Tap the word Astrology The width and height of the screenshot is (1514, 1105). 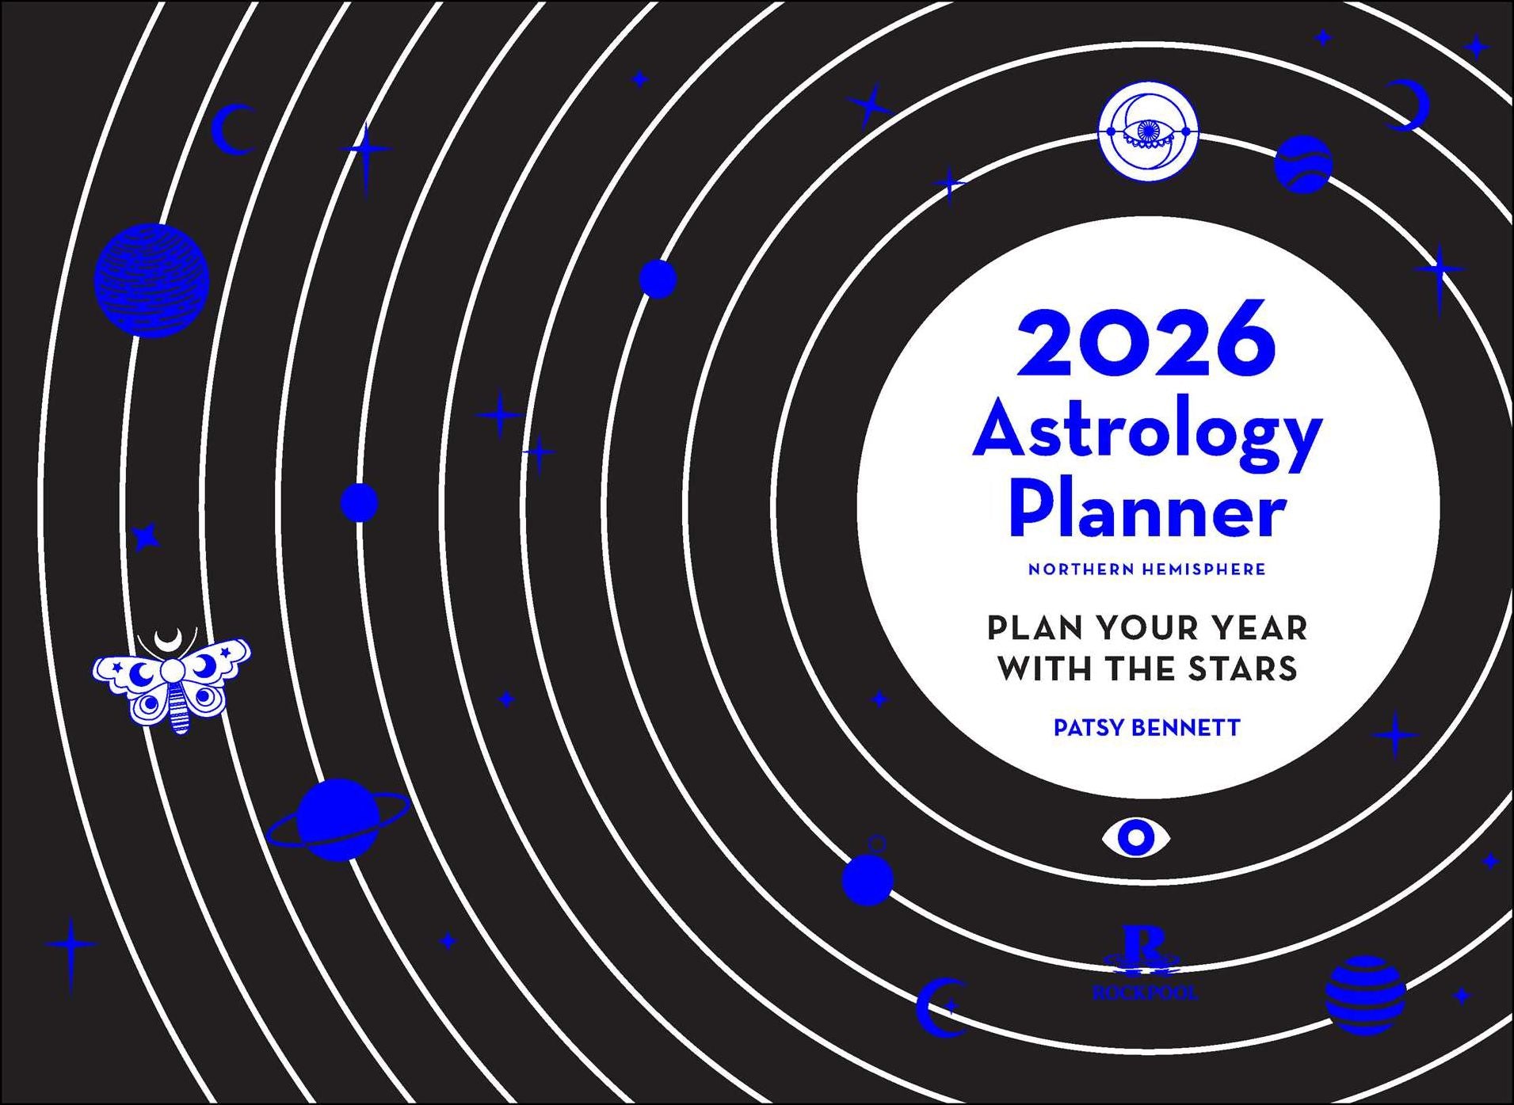tap(1146, 434)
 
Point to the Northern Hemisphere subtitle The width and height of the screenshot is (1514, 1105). tap(1146, 570)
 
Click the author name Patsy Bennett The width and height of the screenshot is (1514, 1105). tap(1146, 728)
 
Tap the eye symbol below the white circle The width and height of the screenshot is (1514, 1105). tap(1136, 837)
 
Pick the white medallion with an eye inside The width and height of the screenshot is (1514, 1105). tap(1148, 131)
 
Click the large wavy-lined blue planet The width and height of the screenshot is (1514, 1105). tap(151, 280)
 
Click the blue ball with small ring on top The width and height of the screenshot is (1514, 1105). tap(868, 878)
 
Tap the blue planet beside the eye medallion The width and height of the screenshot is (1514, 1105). tap(1302, 164)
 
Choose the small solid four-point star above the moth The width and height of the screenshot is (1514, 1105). tap(145, 538)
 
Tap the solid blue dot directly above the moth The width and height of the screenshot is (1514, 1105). tap(359, 502)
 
